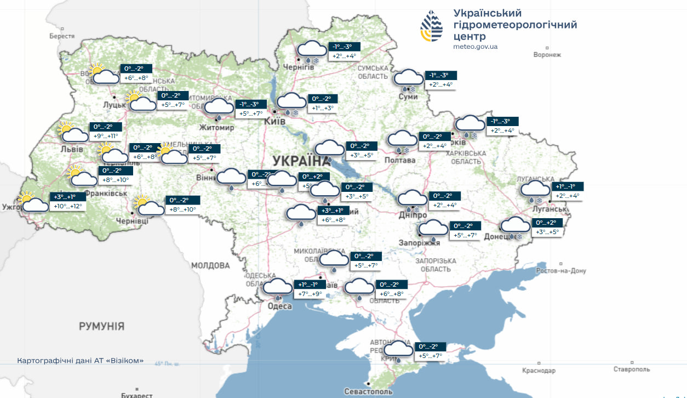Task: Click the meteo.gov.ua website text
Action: click(x=475, y=47)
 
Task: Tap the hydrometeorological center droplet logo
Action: click(x=432, y=26)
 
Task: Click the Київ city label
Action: click(x=275, y=122)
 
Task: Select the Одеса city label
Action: click(x=280, y=306)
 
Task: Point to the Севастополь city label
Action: click(x=368, y=391)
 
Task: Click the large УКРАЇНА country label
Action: click(x=298, y=161)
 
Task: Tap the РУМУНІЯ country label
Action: click(x=101, y=327)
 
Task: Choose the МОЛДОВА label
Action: click(x=210, y=266)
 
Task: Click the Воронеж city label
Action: click(x=547, y=55)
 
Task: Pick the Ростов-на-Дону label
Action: click(x=560, y=271)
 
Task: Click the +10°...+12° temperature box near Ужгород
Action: click(x=68, y=206)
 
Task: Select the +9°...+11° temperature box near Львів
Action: click(x=106, y=135)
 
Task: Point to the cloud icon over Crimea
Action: click(x=398, y=350)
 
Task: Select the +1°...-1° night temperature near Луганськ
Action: click(x=569, y=186)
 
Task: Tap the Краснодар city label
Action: click(x=539, y=371)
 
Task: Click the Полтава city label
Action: click(x=400, y=160)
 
